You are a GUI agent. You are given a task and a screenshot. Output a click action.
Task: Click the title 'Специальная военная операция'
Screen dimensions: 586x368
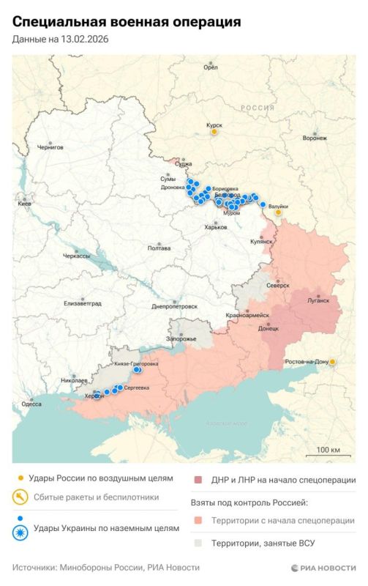pos(127,22)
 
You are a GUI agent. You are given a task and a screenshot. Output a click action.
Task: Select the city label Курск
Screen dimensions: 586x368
pos(214,125)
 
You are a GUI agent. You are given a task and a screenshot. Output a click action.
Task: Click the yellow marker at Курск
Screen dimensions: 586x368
pos(214,133)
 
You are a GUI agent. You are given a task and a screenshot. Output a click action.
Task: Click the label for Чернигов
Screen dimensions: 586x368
pos(50,147)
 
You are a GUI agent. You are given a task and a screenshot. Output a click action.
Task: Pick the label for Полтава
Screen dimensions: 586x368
pos(159,248)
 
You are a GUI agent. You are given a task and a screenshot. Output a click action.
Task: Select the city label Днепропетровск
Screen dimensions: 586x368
pos(175,306)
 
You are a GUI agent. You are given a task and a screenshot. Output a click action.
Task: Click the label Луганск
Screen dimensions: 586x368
pos(318,300)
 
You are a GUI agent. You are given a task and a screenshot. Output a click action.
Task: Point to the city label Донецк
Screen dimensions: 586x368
pos(269,328)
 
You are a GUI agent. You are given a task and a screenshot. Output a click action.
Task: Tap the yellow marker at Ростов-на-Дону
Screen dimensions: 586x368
pos(333,362)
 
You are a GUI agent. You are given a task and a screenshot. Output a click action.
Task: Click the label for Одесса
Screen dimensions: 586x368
pos(31,404)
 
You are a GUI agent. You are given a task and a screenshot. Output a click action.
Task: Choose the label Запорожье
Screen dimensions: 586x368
pos(181,339)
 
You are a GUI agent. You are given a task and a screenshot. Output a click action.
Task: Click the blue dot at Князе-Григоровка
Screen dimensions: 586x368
pos(137,371)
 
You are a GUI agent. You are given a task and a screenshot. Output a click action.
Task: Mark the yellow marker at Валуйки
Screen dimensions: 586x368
pos(278,212)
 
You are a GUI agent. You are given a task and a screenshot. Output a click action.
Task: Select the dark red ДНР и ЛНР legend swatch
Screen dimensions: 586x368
pos(198,481)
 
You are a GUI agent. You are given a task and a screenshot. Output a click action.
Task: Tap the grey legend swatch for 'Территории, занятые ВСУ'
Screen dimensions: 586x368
pos(198,543)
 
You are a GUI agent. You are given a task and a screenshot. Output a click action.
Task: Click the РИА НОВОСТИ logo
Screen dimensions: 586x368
pos(323,568)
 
